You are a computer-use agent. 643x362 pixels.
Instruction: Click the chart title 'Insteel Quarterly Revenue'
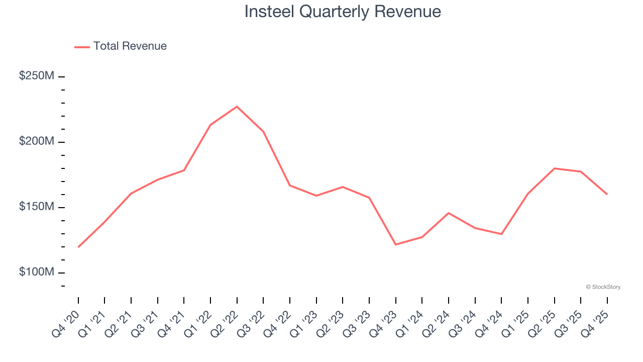pos(343,12)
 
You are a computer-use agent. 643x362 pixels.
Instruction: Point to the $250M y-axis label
pos(37,76)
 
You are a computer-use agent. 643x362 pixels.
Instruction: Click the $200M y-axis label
pos(37,141)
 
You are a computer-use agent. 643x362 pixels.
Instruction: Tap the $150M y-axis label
pos(37,207)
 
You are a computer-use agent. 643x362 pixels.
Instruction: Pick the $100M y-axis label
pos(37,272)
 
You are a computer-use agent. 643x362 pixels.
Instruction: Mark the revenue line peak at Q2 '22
pos(237,107)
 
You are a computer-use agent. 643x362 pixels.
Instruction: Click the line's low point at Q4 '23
pos(396,244)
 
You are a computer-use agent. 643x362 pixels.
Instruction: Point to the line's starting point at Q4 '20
pos(78,247)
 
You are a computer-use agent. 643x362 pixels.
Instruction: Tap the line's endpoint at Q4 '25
pos(607,194)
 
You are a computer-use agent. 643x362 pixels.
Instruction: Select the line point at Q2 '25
pos(554,168)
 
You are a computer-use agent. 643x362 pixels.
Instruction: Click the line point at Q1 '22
pos(210,125)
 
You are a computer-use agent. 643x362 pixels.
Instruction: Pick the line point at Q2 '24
pos(449,213)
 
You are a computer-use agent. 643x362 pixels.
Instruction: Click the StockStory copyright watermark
pos(603,287)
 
